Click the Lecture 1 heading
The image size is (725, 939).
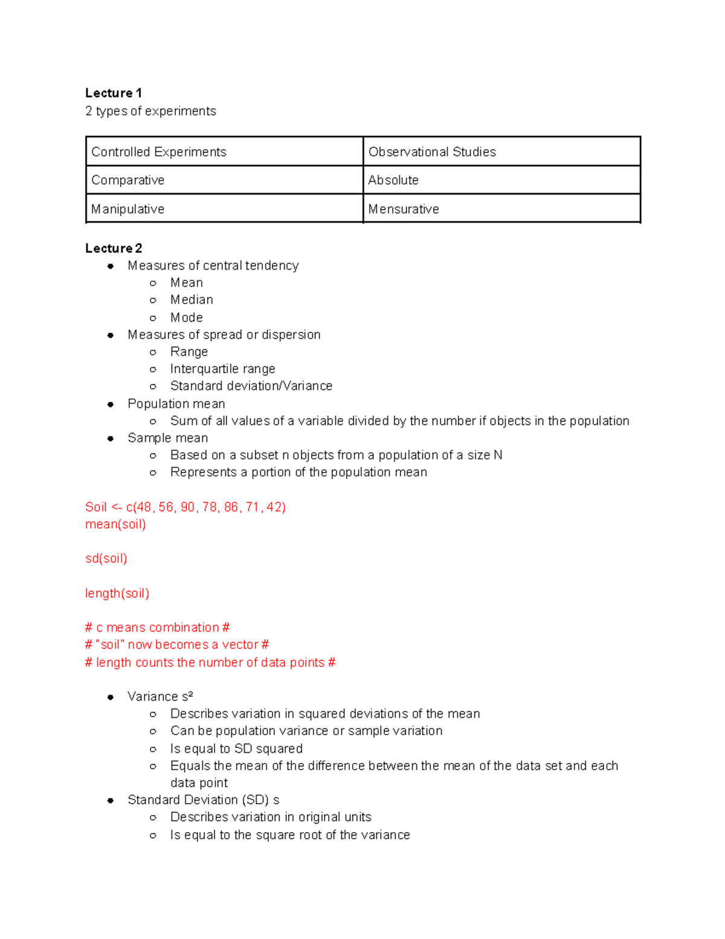[114, 93]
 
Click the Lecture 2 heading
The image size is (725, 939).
[114, 249]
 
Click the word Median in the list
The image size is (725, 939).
[192, 300]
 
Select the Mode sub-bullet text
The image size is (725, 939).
[186, 317]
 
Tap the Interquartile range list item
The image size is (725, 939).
[222, 369]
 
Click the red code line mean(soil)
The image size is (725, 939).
[115, 524]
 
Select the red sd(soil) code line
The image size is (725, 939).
[106, 559]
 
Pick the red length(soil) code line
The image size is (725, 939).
[117, 593]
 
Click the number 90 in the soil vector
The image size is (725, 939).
[187, 507]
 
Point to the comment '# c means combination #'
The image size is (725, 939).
[157, 628]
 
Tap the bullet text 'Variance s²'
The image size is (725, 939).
[160, 697]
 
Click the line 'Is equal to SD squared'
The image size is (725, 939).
[236, 749]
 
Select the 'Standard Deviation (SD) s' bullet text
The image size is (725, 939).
[203, 800]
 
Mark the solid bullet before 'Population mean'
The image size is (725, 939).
[111, 405]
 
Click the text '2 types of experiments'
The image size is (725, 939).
[150, 111]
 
